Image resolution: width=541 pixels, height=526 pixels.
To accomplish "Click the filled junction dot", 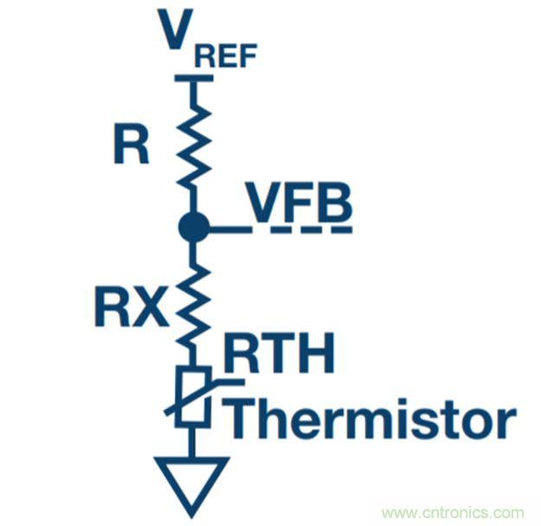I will (x=193, y=228).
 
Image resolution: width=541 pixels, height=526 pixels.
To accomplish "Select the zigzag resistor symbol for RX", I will (x=192, y=303).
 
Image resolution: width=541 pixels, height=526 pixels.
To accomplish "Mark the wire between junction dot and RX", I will (x=192, y=253).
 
